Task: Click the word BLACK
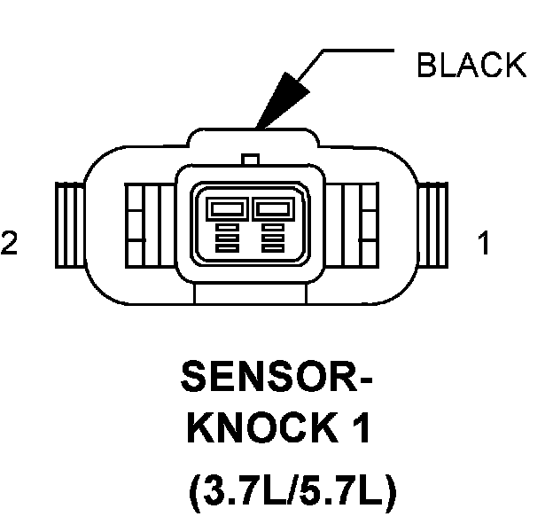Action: coord(471,65)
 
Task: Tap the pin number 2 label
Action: coord(9,245)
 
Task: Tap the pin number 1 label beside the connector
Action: coord(484,245)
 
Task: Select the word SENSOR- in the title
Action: coord(276,379)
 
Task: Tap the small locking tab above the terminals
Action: coord(251,160)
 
